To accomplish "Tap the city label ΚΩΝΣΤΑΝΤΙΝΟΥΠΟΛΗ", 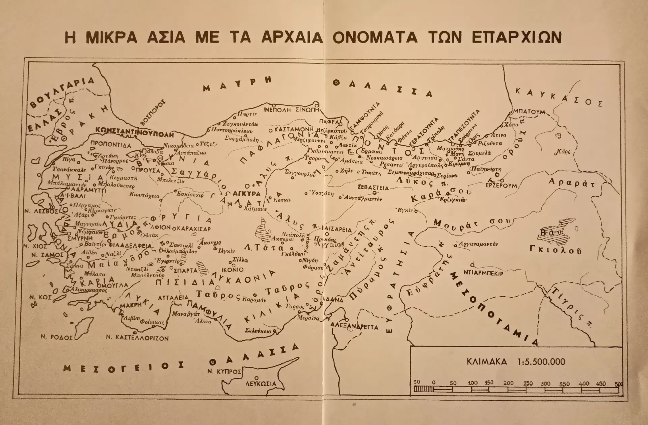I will click(x=134, y=131).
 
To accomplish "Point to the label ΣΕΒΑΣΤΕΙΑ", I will click(x=374, y=188).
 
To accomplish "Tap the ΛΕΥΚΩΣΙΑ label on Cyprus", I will click(x=261, y=384).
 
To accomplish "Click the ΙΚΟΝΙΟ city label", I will click(x=232, y=270).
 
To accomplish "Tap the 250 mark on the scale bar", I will click(x=528, y=383).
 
